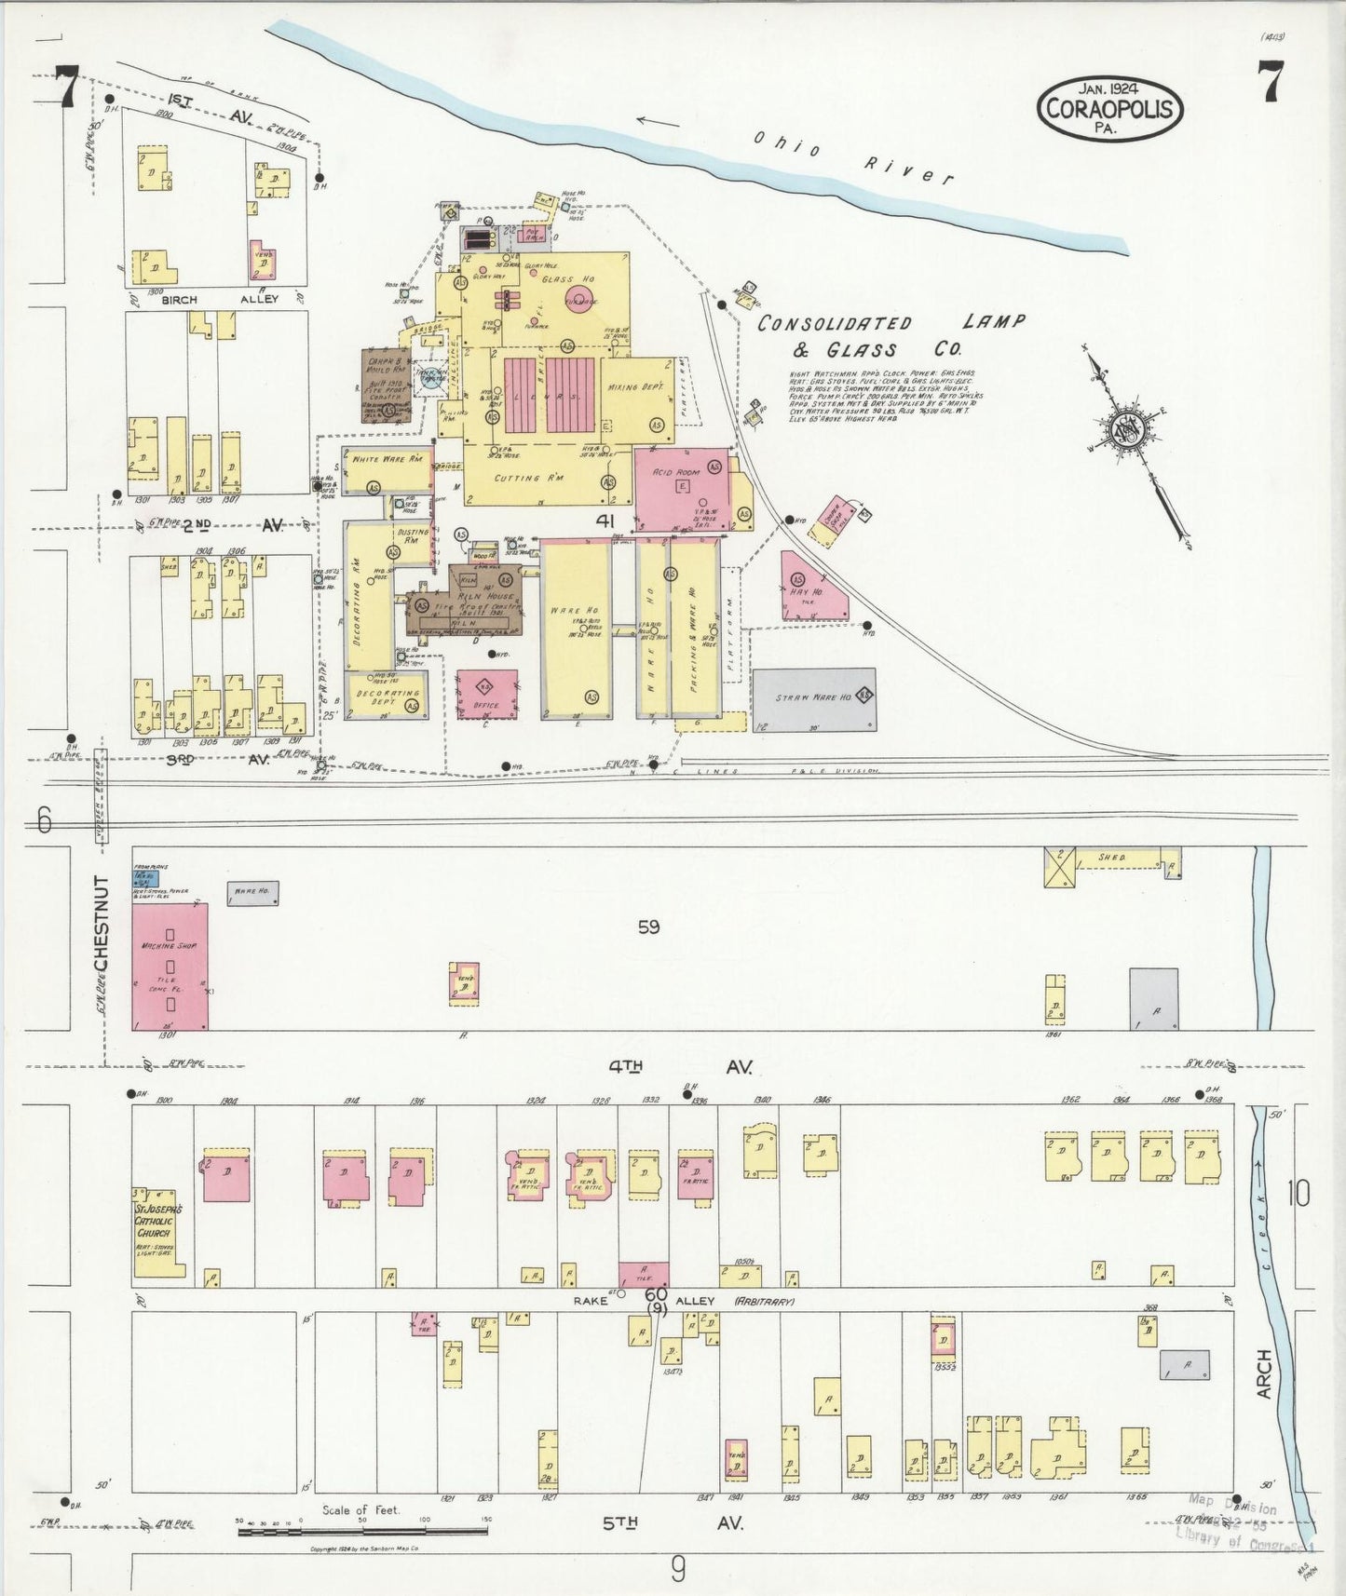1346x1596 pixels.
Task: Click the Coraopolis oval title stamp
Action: point(1110,109)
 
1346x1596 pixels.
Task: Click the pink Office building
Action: point(487,695)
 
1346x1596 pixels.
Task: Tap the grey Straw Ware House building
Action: point(813,698)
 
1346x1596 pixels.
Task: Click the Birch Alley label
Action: point(220,300)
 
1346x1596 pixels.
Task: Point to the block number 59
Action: point(649,927)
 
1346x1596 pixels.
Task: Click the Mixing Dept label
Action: point(636,385)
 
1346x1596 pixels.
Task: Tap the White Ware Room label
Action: point(387,460)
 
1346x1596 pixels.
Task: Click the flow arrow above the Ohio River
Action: point(659,120)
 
